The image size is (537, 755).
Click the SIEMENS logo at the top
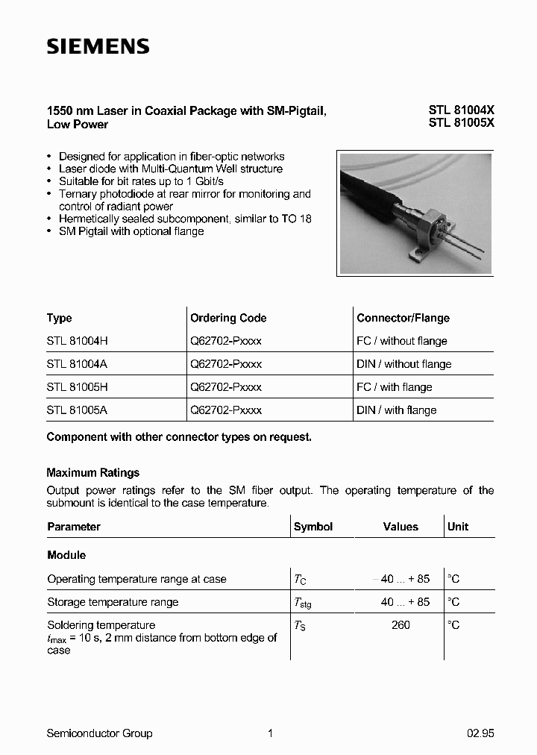[x=98, y=46]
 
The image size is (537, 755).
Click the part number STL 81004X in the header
[x=461, y=110]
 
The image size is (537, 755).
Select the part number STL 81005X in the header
[x=461, y=124]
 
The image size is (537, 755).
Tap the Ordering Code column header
[x=228, y=318]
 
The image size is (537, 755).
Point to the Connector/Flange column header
[x=403, y=318]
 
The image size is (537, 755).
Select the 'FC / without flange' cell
[x=402, y=341]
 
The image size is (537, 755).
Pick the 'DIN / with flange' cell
[x=397, y=410]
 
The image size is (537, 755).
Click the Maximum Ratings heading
[x=92, y=472]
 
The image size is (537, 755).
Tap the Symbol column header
[x=313, y=527]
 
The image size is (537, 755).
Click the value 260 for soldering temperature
[x=401, y=625]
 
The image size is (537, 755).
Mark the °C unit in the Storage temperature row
[x=453, y=602]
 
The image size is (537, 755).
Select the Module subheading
[x=66, y=555]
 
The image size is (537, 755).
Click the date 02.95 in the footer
[x=480, y=733]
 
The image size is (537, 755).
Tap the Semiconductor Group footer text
[x=99, y=733]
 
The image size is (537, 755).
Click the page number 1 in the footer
[x=270, y=733]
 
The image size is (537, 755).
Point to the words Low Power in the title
[x=78, y=124]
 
